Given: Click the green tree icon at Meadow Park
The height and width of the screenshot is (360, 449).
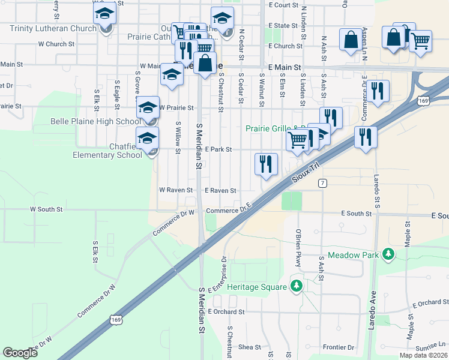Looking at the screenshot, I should [389, 254].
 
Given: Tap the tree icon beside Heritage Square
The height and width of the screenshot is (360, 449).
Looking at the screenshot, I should [295, 286].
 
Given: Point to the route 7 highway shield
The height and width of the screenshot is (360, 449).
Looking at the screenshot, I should [322, 183].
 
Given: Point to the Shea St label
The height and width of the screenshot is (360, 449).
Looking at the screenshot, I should [250, 347].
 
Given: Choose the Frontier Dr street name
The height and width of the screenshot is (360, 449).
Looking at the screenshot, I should [339, 347].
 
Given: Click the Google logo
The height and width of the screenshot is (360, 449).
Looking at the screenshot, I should [20, 353].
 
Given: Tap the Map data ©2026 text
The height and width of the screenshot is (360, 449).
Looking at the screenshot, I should [424, 355].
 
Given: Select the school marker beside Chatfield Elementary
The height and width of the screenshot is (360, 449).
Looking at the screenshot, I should [147, 140].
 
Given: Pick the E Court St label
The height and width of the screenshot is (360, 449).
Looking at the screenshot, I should [283, 5].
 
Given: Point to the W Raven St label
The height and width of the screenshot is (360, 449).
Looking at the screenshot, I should [175, 190].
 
